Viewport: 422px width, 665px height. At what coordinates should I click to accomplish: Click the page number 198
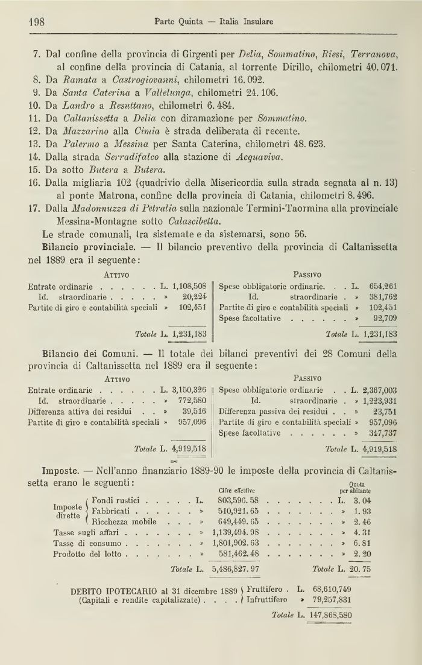(x=38, y=22)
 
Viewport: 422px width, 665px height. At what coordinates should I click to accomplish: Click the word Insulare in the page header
(x=255, y=22)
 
